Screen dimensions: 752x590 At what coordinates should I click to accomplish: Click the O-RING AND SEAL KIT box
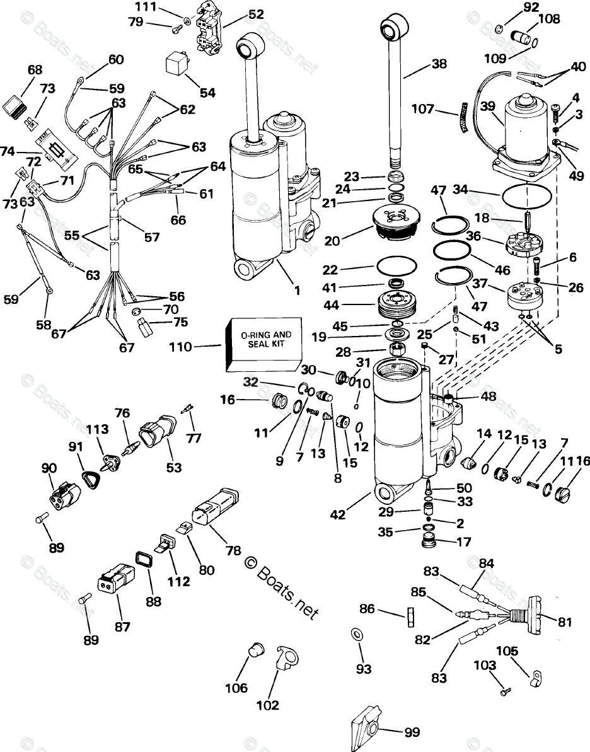263,345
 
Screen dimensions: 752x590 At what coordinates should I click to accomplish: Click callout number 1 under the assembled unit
296,291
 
